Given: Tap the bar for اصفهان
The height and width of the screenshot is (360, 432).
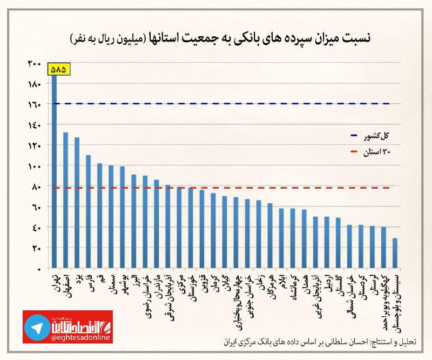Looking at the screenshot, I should point(65,200).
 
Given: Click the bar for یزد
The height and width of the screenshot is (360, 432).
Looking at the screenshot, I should point(77,203).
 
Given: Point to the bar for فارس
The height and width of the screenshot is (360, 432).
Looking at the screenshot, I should point(88,211).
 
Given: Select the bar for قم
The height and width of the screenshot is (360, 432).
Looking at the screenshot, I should point(99,216).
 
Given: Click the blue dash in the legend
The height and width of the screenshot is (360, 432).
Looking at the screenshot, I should point(354,135).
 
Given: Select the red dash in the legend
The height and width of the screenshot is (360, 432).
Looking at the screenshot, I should point(354,153).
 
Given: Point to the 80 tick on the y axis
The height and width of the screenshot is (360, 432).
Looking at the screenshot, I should point(36,186).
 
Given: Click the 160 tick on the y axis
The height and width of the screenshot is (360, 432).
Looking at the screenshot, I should point(35,104).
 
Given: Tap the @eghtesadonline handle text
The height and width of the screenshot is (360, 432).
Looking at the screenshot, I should point(81,337).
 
